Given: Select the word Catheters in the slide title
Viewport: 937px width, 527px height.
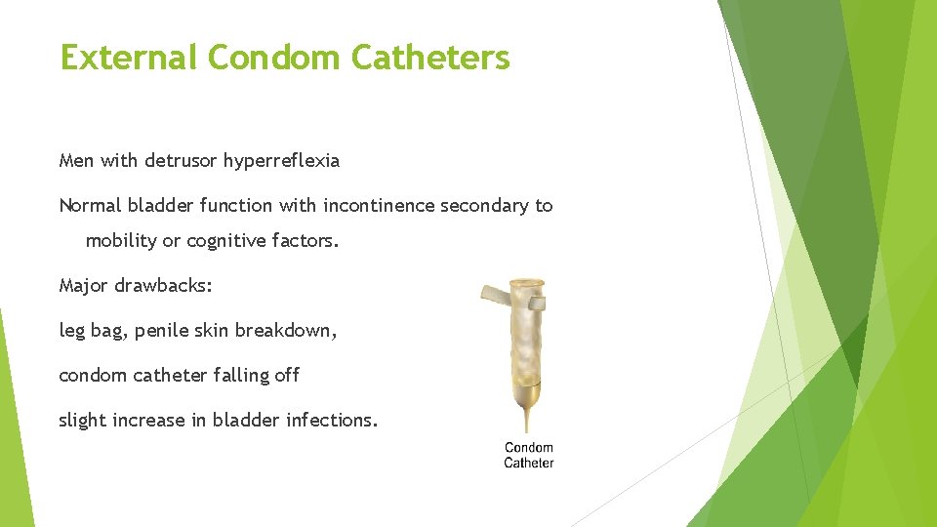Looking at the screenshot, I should pos(429,58).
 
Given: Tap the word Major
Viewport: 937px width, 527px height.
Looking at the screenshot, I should pos(82,286).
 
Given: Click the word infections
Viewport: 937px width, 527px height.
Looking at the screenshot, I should pos(333,421).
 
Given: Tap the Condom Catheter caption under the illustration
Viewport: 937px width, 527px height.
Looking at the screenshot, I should pos(528,455).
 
